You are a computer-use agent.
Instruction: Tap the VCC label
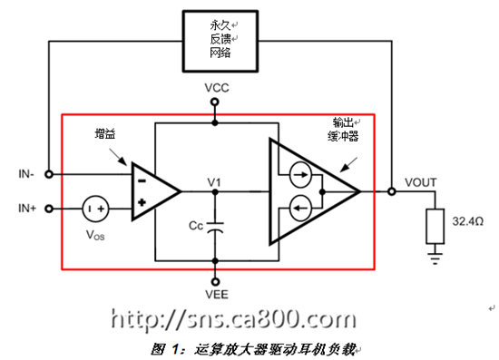click(217, 88)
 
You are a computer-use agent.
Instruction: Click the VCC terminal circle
click(215, 102)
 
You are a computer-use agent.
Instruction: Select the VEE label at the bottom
click(217, 295)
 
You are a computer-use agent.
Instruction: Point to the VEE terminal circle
click(215, 282)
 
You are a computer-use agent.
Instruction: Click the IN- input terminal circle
click(49, 174)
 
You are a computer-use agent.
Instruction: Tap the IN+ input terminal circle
click(49, 209)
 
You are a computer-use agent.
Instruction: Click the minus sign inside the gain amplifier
click(142, 181)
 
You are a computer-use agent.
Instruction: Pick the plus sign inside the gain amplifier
click(142, 202)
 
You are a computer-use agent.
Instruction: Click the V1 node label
click(214, 182)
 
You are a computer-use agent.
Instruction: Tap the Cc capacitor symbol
click(215, 227)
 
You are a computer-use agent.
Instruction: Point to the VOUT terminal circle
click(392, 191)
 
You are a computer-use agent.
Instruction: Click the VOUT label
click(420, 182)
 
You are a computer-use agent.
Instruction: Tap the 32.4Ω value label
click(468, 221)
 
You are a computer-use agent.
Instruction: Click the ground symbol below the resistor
click(435, 258)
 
